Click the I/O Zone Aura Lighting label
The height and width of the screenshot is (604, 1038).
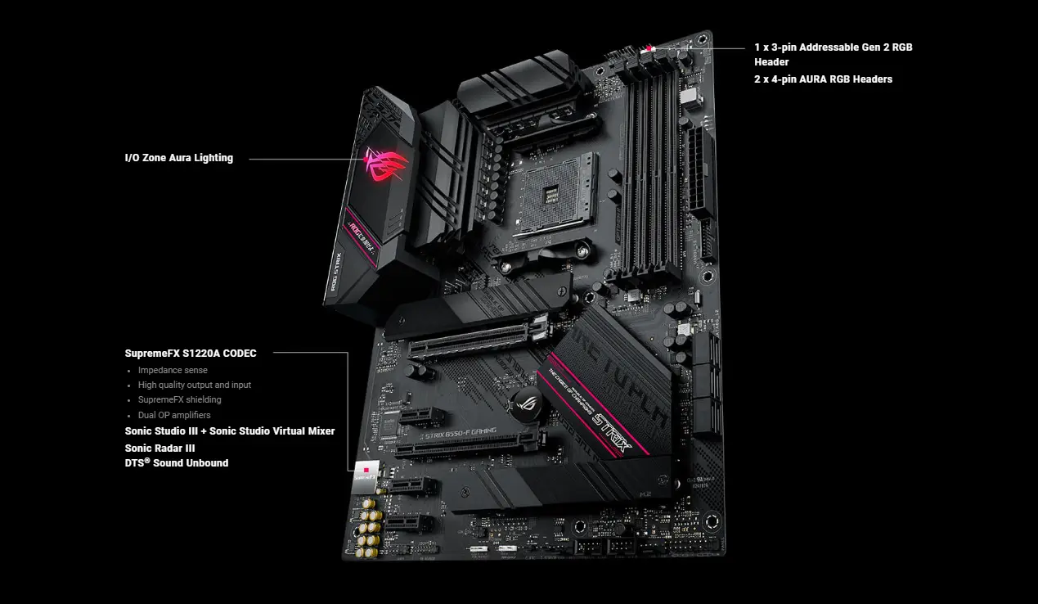tap(178, 158)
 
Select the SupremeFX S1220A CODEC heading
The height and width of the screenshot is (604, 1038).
tap(191, 354)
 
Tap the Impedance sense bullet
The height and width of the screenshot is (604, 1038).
tap(173, 370)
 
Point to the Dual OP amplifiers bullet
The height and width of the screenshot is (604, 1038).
tap(174, 415)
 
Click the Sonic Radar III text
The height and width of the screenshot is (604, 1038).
tap(160, 448)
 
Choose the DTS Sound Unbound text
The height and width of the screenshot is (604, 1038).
tap(177, 463)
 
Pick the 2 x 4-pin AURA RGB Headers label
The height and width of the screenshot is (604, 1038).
tap(823, 79)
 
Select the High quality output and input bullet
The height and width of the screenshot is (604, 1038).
tap(194, 385)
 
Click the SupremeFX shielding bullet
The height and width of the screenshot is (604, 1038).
tap(179, 400)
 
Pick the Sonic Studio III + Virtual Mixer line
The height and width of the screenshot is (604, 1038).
tap(230, 431)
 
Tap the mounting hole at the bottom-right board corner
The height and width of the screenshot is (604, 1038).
tap(711, 521)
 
